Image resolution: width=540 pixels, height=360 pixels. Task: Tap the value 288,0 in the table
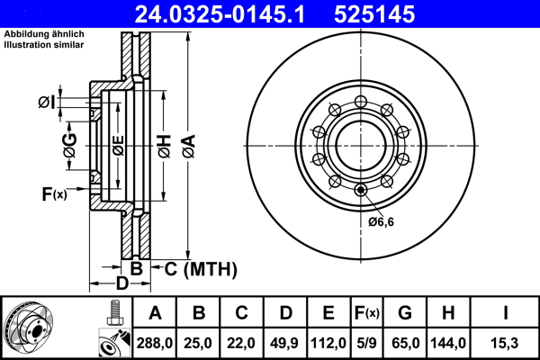point(155,343)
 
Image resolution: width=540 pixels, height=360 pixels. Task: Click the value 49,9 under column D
point(285,343)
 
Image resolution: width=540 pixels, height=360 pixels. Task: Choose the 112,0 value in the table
point(328,343)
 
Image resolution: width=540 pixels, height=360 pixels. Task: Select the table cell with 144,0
point(448,343)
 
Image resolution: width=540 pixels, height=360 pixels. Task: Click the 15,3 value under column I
point(504,343)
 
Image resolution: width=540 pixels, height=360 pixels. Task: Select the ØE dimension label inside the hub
point(117,144)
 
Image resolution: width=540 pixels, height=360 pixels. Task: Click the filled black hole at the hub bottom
point(361,189)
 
